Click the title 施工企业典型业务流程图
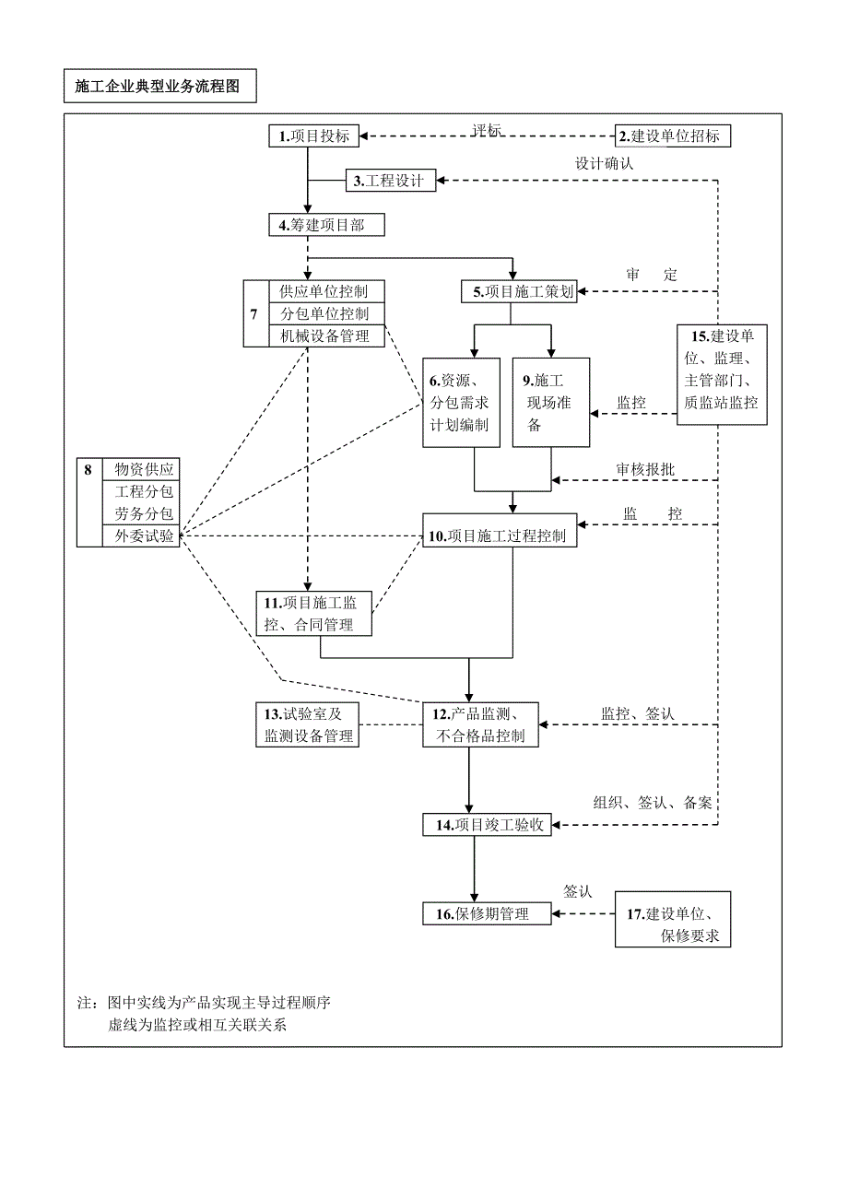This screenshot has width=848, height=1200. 159,88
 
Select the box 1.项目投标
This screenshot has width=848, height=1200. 314,136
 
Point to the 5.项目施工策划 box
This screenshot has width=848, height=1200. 518,292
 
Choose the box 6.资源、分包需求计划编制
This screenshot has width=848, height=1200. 461,403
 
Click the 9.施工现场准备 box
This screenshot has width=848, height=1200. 551,403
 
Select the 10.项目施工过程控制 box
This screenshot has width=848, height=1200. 500,535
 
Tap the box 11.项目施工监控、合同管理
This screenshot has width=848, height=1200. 315,614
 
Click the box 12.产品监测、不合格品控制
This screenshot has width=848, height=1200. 481,724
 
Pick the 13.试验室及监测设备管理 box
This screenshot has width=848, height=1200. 308,724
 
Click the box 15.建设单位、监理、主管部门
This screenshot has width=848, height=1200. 722,374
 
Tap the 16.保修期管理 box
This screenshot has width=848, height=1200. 488,914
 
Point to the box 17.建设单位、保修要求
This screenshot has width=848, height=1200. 673,925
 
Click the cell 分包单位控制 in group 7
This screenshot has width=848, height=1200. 324,313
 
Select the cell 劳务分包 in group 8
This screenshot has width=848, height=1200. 142,513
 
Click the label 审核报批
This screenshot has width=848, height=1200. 645,469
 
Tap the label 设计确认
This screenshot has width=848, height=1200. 604,163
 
